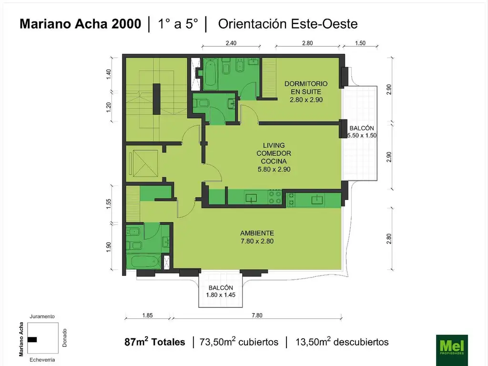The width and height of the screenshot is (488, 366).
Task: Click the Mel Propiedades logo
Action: point(452,350)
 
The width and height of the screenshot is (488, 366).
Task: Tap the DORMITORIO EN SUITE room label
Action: point(306,91)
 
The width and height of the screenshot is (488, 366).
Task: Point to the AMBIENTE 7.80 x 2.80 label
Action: point(257,237)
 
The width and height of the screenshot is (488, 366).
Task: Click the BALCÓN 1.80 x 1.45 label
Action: point(221,291)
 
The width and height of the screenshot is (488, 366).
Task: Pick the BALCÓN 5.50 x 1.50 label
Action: point(362,132)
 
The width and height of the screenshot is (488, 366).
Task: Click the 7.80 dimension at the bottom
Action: point(257,315)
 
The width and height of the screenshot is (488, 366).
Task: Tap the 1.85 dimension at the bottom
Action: point(148,315)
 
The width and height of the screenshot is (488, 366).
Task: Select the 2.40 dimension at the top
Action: point(231,43)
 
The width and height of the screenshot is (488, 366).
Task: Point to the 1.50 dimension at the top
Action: point(360,43)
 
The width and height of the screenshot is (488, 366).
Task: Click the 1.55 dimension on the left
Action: point(109,204)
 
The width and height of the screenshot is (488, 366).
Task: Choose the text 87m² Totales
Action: point(155,342)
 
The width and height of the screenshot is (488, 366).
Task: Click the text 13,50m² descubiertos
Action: point(342,342)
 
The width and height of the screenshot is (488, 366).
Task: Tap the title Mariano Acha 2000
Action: point(80,24)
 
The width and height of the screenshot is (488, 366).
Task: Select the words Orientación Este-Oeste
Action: point(288,24)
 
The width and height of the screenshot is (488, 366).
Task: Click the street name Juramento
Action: point(42,316)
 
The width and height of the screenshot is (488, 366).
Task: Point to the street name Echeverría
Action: point(42,360)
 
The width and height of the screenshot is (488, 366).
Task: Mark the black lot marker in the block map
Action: point(32,339)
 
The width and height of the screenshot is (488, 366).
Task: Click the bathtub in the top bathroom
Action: point(211,73)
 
